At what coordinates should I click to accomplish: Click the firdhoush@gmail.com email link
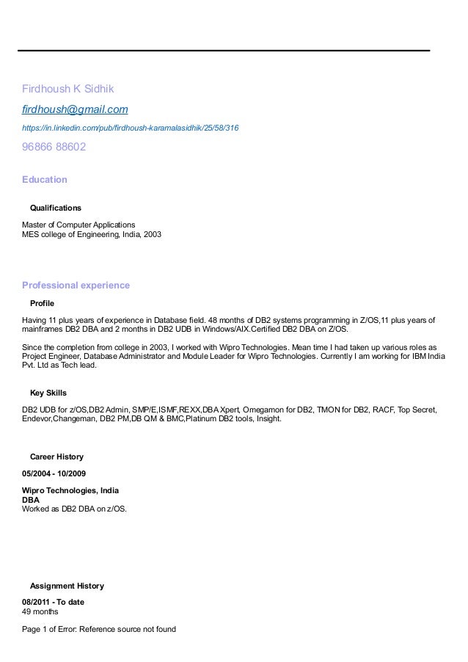coord(75,109)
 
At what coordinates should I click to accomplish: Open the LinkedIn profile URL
coord(130,128)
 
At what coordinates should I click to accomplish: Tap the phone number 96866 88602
coord(54,147)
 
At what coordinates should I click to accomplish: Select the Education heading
coord(45,180)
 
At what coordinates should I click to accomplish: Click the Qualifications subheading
coord(55,208)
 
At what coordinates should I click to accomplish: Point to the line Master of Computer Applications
coord(78,225)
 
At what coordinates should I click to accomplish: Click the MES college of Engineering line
coord(91,235)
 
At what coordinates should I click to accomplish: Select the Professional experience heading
coord(76,285)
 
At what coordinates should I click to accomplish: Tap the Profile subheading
coord(42,303)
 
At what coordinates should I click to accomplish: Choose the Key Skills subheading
coord(48,393)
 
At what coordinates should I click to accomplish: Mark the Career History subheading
coord(56,457)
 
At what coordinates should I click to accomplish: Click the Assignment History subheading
coord(66,586)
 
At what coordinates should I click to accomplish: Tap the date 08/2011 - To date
coord(54,602)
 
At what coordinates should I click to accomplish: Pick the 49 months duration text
coord(40,611)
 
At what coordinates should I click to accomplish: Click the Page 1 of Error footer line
coord(99,629)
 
